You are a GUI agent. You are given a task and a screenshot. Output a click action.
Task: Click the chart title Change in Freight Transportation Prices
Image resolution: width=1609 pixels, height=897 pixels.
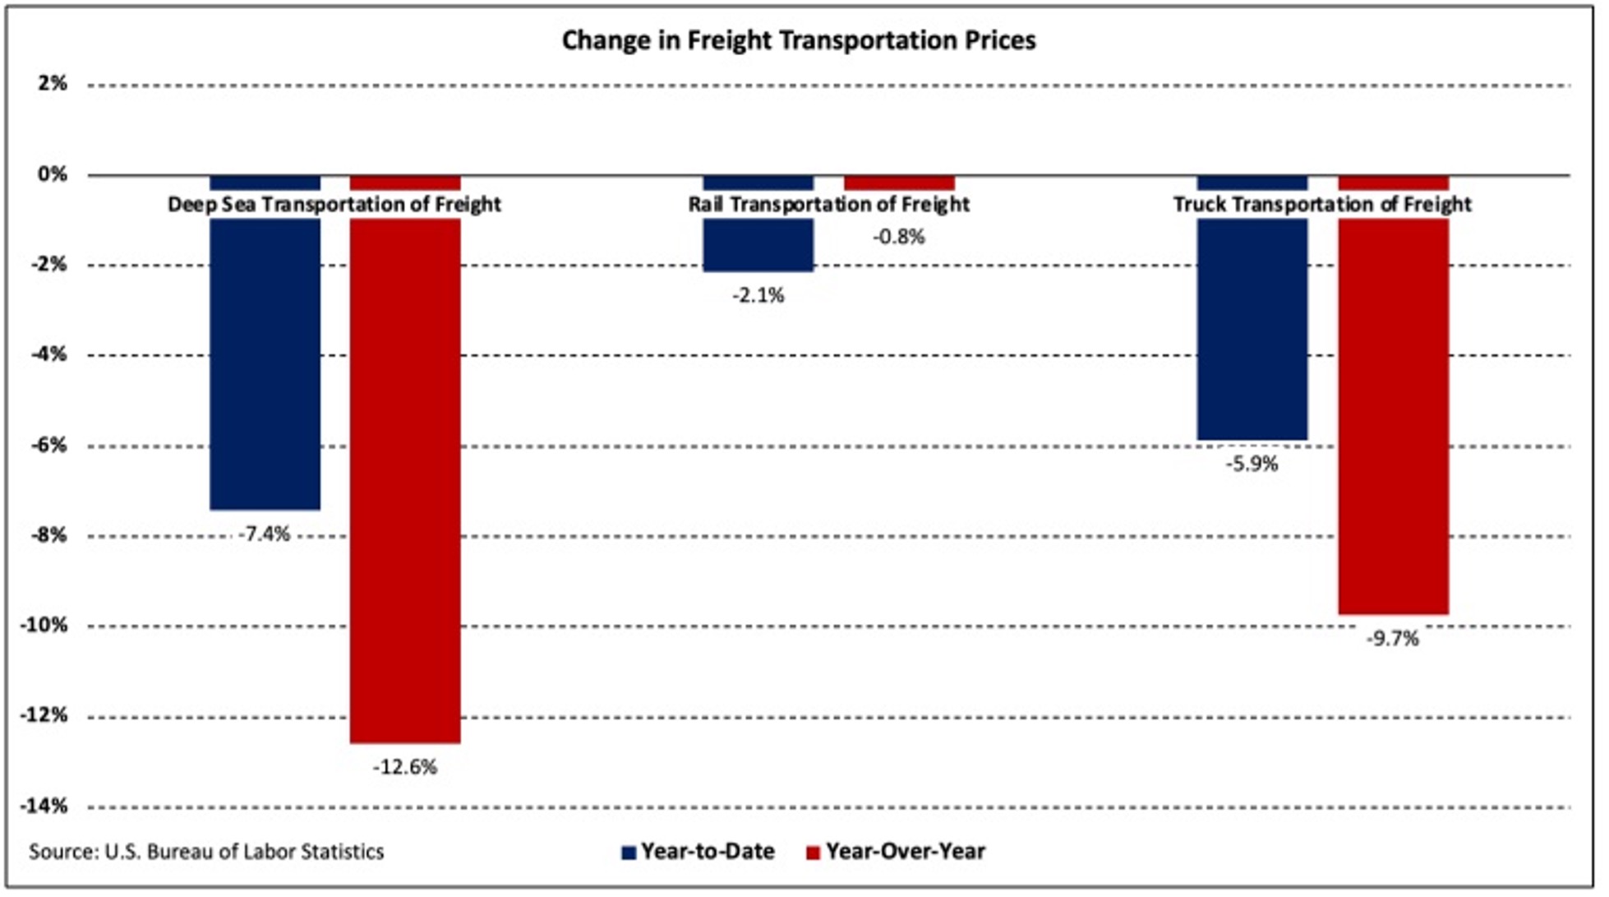tap(798, 40)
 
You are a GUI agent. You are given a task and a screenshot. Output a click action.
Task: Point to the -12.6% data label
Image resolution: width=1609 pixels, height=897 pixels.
tap(405, 767)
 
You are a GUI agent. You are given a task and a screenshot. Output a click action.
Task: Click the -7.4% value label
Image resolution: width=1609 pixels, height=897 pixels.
tap(265, 534)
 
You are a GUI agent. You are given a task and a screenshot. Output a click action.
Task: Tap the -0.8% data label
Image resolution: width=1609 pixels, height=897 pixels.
tap(899, 237)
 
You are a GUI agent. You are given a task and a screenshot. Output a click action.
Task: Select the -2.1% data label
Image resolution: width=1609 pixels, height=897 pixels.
tap(758, 295)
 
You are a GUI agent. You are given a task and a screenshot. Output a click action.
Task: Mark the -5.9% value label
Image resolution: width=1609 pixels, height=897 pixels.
tap(1252, 464)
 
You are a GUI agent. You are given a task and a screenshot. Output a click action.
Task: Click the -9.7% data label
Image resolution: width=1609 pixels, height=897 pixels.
tap(1393, 638)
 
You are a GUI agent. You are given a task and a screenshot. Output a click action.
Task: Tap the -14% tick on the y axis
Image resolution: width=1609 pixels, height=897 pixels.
tap(44, 806)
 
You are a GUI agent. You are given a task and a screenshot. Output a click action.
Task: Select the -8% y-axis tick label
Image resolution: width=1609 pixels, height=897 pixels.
tap(48, 535)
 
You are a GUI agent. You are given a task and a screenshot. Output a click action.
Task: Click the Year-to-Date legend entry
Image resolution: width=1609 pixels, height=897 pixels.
tap(708, 852)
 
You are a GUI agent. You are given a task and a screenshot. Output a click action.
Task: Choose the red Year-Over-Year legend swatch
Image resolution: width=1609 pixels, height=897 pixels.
tap(813, 853)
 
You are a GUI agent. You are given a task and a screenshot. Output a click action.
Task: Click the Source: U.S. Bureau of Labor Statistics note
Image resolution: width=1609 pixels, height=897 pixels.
tap(206, 852)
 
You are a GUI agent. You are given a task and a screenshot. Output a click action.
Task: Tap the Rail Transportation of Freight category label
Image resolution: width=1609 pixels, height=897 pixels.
tap(828, 204)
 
